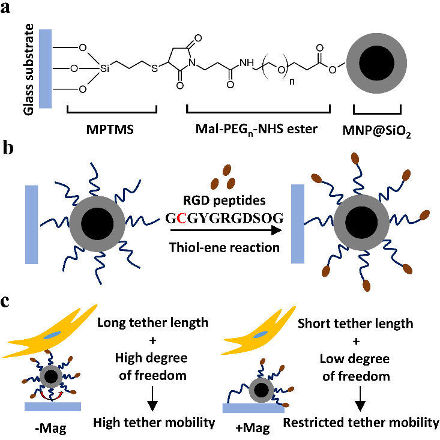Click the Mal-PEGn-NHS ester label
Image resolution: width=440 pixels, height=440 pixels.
pyautogui.click(x=259, y=128)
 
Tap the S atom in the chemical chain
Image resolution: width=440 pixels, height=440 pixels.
pyautogui.click(x=154, y=68)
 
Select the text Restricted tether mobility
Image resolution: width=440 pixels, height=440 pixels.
pyautogui.click(x=361, y=423)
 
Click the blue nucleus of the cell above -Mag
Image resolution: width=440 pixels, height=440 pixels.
pyautogui.click(x=53, y=334)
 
